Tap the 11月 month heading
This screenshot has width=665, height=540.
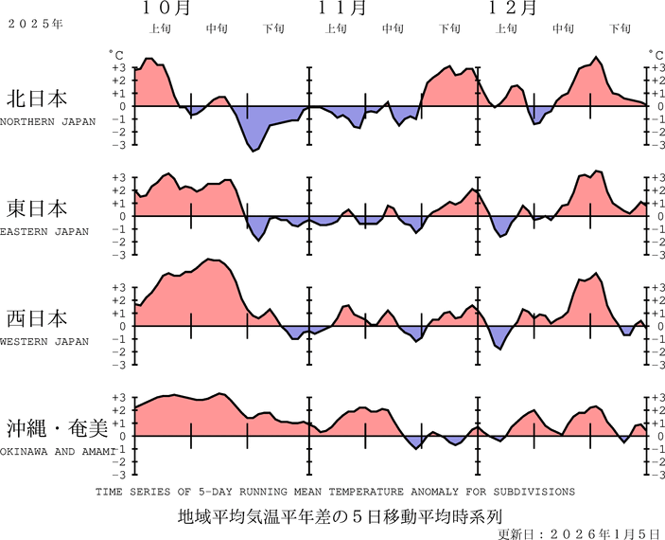tap(341, 9)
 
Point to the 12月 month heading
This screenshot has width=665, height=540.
tap(514, 9)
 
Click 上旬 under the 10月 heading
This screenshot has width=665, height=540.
tap(161, 28)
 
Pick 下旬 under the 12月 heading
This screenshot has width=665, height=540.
tap(621, 28)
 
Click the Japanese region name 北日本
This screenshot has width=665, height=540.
tap(37, 99)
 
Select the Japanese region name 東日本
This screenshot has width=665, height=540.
tap(37, 208)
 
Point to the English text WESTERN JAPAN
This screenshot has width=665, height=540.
tap(44, 341)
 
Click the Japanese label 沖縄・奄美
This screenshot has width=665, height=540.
tap(59, 428)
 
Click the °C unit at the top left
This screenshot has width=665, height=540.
tap(115, 56)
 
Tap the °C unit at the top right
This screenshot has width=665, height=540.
tap(653, 56)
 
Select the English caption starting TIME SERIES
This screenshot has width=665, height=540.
tap(335, 492)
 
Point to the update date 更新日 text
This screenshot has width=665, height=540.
tap(579, 533)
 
